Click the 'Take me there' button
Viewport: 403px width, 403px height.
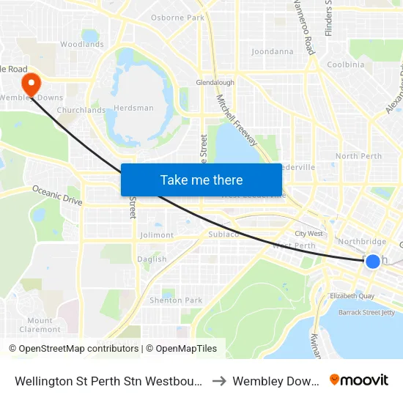click(x=201, y=180)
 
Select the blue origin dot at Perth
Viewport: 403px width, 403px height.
click(x=372, y=261)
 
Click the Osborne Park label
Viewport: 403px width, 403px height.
click(x=177, y=18)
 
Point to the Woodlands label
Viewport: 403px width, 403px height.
click(x=81, y=45)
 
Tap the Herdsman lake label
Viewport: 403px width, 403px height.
click(x=134, y=108)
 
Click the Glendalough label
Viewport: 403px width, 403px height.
click(x=215, y=83)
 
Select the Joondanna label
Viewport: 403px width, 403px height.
click(x=272, y=52)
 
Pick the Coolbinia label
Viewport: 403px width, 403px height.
click(x=346, y=64)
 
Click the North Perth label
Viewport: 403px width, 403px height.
click(x=358, y=156)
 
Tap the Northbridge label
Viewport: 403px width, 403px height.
click(x=362, y=242)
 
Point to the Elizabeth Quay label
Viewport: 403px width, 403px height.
click(x=352, y=296)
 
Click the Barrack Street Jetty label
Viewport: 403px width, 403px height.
click(x=366, y=312)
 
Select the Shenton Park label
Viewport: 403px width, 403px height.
click(x=176, y=300)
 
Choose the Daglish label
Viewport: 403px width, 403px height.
click(x=152, y=259)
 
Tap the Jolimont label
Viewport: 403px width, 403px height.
click(x=157, y=235)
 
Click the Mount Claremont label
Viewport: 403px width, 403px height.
click(x=40, y=325)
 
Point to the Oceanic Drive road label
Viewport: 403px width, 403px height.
click(x=57, y=195)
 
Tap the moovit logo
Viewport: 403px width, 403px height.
click(x=358, y=380)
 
